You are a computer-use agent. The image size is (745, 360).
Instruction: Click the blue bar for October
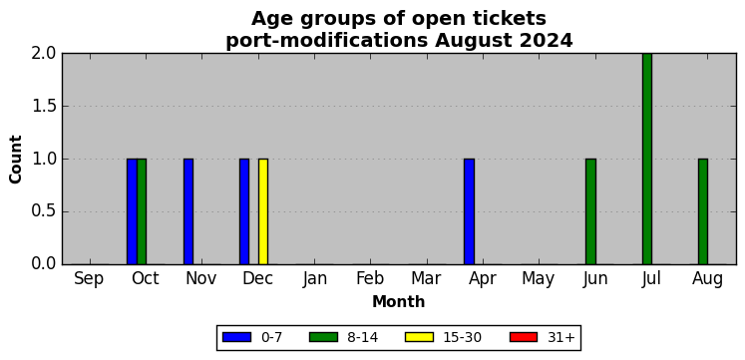point(132,211)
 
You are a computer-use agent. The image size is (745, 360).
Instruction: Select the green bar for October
point(142,211)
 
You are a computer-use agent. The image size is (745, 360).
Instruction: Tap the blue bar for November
point(188,211)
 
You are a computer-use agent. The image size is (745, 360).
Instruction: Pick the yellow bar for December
point(263,211)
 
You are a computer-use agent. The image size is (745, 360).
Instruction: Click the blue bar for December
point(244,211)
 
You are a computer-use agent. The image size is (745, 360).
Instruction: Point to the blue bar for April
point(470,211)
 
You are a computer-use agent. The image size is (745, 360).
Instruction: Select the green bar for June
point(591,211)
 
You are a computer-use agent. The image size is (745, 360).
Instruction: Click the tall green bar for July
point(647,159)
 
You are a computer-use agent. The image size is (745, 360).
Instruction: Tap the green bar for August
point(703,211)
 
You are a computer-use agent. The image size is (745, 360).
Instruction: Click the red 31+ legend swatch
point(524,337)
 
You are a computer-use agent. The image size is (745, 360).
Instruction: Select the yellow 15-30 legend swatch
point(420,337)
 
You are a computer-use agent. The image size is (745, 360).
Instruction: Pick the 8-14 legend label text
point(363,338)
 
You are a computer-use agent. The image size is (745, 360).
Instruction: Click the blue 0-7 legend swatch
point(236,337)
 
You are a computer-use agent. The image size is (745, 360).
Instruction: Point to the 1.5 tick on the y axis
point(44,107)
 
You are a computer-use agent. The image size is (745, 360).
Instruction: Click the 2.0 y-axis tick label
point(44,54)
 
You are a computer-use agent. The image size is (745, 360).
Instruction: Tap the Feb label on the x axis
point(370,279)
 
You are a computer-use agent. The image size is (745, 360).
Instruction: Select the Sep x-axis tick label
point(89,280)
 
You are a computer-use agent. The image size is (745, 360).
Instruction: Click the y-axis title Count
point(16,160)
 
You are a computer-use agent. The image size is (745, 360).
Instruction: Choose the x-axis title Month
point(398,302)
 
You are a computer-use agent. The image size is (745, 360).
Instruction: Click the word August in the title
point(476,41)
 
